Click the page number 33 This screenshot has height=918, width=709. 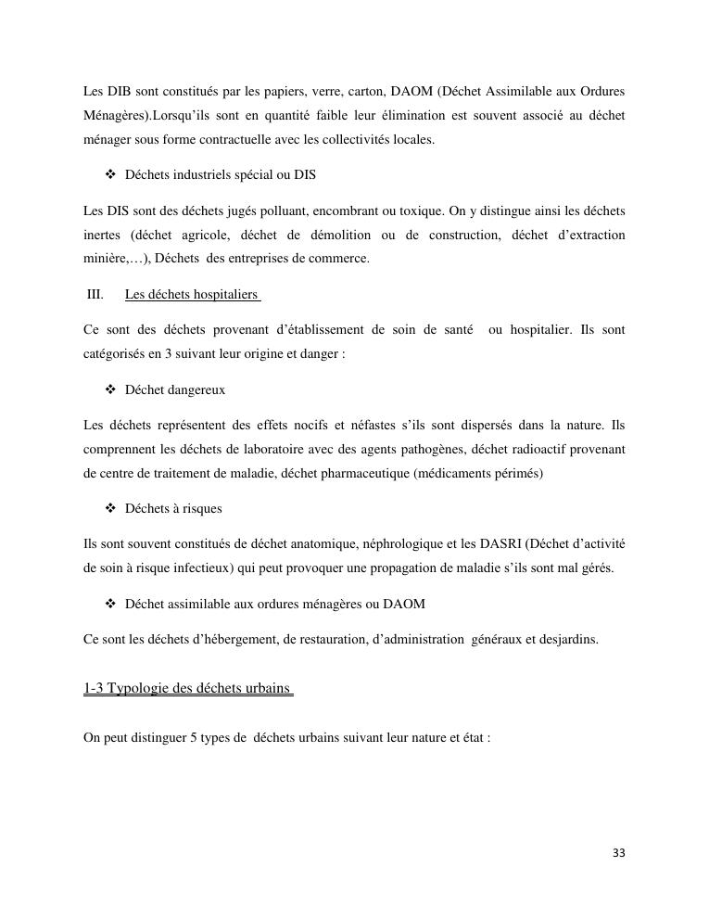click(619, 853)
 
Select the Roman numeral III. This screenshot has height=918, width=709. click(95, 295)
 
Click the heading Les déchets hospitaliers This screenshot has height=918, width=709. click(191, 295)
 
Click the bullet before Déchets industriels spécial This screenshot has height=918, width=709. click(111, 174)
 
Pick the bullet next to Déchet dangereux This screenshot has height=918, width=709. click(111, 389)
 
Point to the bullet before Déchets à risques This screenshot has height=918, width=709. click(111, 509)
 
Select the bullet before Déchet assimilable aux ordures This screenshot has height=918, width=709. click(111, 604)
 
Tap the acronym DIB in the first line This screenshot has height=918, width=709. click(119, 92)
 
